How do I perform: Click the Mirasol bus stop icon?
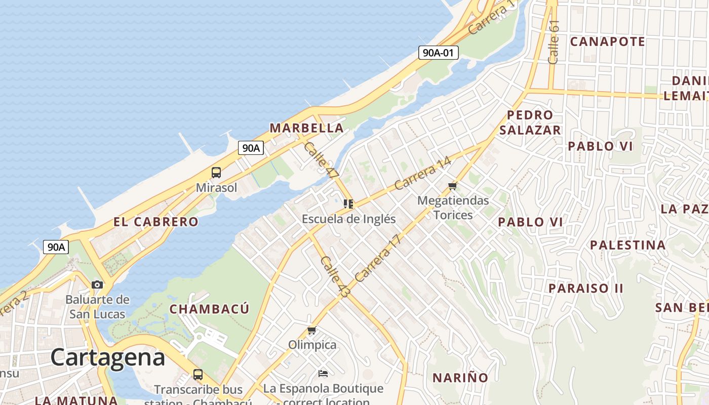coord(216,172)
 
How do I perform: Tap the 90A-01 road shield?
coord(438,52)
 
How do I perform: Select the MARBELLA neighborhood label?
coord(306,128)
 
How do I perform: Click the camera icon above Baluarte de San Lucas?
coord(97,285)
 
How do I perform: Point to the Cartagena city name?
coord(107,357)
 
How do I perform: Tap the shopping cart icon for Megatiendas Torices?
coord(453,186)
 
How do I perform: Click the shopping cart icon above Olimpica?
coord(312,331)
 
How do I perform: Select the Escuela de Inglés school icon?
coord(348,204)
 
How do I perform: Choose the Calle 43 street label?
coord(332,276)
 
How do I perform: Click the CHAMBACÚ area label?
coord(209,309)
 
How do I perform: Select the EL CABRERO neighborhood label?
coord(155,222)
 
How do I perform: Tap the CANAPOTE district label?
coord(607,42)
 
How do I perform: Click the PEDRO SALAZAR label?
coord(530,123)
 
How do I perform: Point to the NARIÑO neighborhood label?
coord(460,378)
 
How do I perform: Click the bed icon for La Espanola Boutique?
coord(323,374)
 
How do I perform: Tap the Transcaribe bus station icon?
coord(198,375)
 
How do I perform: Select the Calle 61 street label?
coord(553,42)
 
